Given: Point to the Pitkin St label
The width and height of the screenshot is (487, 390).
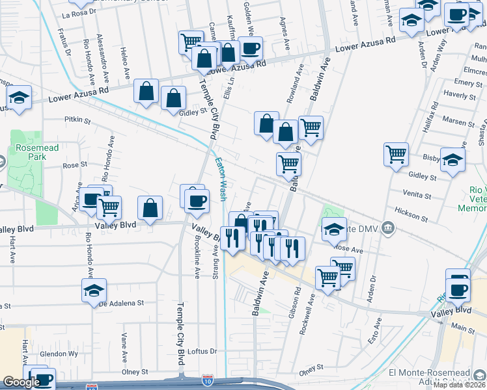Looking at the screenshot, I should point(77,119).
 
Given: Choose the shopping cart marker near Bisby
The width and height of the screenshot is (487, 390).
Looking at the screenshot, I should point(396,155).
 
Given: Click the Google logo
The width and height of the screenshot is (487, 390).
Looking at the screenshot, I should point(21,382).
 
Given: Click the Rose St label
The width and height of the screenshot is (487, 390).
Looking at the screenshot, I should point(75,165).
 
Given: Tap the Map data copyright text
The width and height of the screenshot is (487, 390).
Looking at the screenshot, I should point(459,385).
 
